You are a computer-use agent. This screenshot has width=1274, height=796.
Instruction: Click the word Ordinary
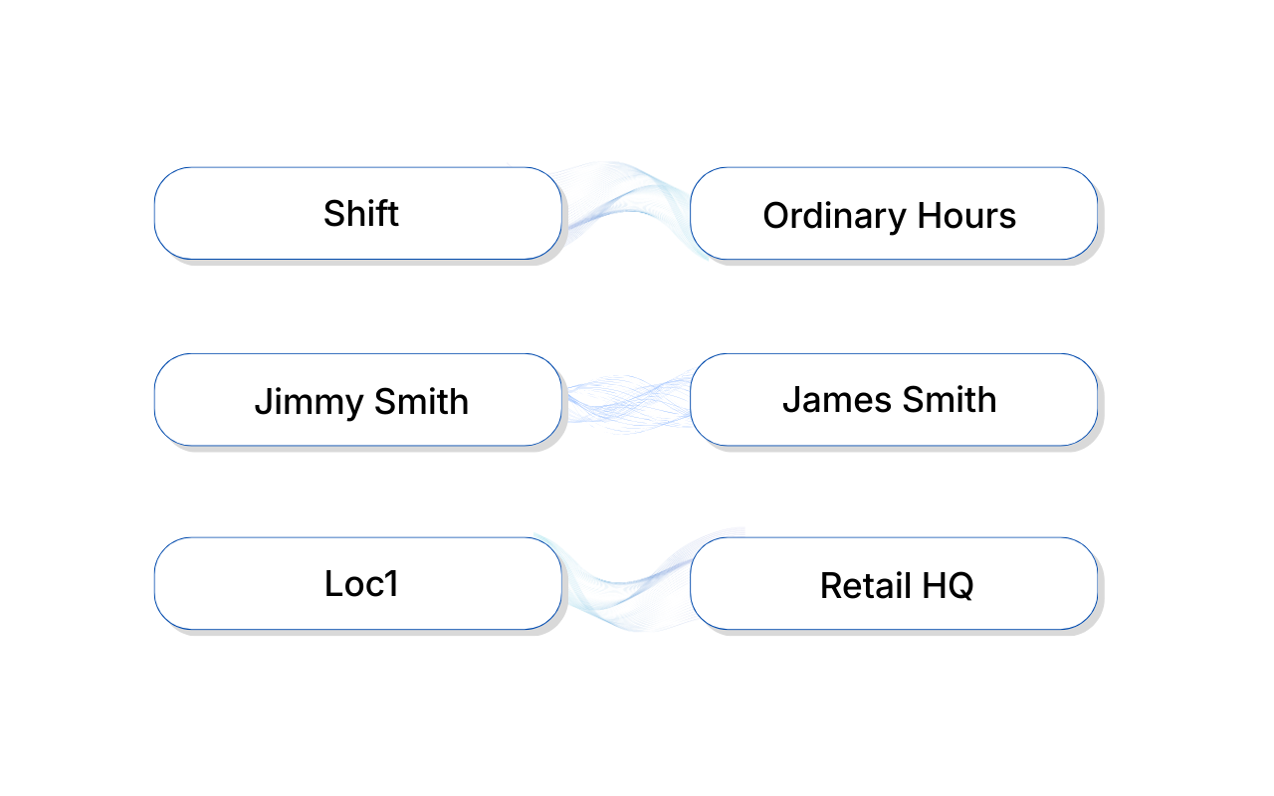825,216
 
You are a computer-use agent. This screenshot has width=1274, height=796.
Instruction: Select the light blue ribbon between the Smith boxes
627,400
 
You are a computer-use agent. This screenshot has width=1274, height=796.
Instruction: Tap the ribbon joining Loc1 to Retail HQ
627,587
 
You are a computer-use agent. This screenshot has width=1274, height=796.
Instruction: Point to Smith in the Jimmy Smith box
421,402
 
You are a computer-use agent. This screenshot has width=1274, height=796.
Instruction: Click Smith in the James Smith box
949,400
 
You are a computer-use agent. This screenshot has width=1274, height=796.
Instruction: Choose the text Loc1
361,583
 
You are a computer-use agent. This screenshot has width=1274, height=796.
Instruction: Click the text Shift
361,214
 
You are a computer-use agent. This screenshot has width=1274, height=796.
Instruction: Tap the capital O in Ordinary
776,216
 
